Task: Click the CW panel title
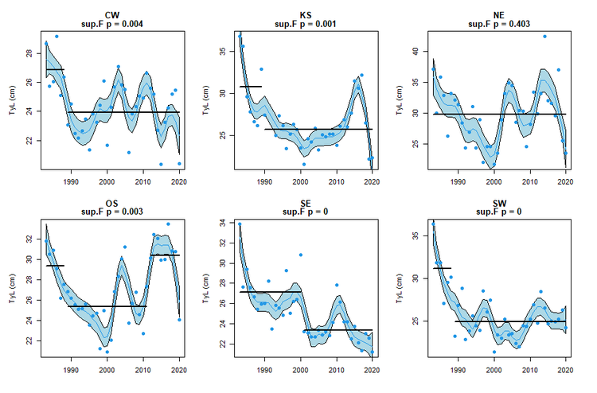coord(112,14)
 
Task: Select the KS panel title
coord(306,14)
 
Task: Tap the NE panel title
coord(499,14)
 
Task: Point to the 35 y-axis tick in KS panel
coord(224,52)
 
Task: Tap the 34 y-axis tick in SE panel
coord(224,224)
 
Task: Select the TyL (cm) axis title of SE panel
coord(205,288)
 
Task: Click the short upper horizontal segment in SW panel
coord(442,268)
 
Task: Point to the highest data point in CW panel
coord(56,36)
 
